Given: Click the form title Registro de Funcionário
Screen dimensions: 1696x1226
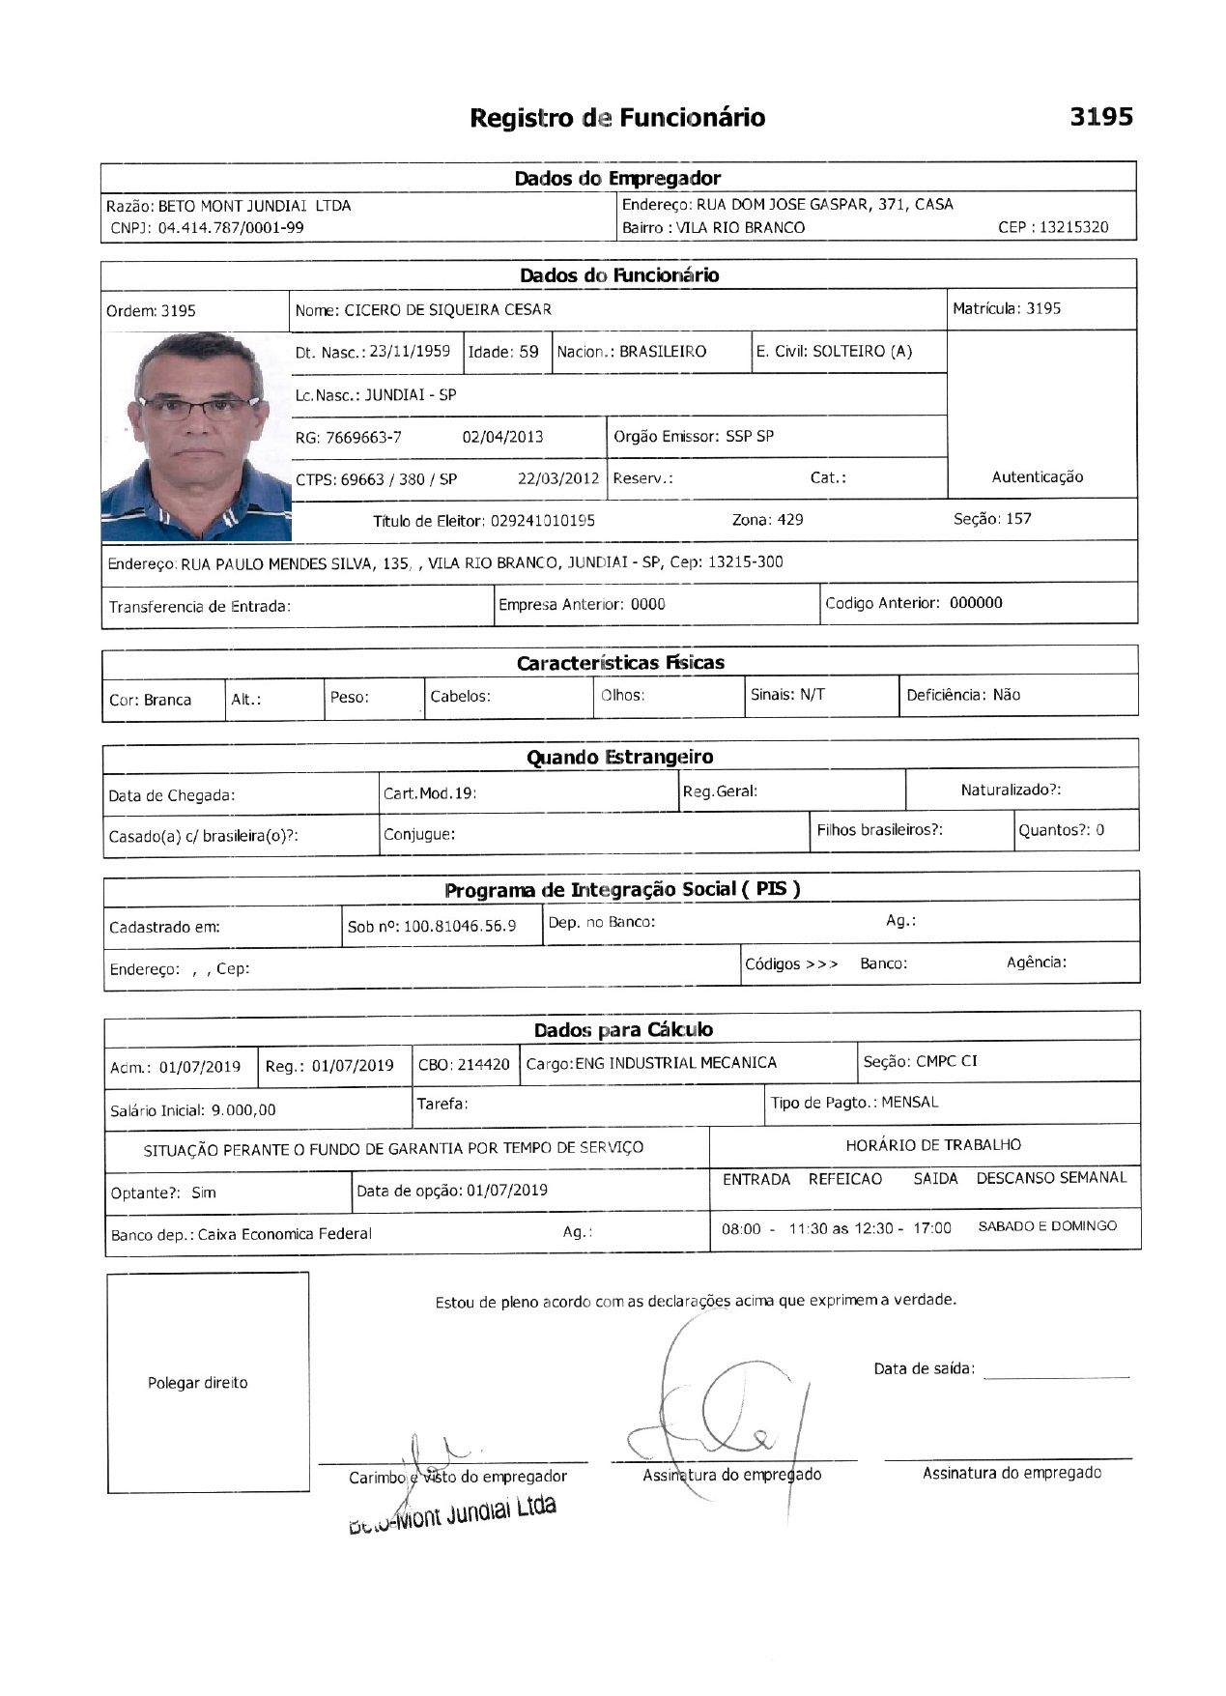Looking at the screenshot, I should click(617, 118).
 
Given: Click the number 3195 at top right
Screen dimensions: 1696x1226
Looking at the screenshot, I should click(1100, 117).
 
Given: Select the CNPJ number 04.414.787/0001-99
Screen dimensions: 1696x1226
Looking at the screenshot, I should click(231, 228).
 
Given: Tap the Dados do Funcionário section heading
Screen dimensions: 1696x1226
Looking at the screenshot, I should click(619, 275).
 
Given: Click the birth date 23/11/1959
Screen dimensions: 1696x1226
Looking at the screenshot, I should click(410, 352).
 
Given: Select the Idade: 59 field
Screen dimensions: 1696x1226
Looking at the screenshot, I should click(503, 352).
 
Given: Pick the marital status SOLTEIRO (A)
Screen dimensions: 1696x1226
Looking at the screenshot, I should click(862, 352).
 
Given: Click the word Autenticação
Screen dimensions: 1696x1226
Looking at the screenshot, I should click(1037, 477).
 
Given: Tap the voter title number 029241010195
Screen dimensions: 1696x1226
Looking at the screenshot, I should click(542, 521).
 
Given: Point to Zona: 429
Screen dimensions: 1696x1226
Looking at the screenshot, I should click(767, 520).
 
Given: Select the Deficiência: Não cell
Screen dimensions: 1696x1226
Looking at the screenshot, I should click(963, 695).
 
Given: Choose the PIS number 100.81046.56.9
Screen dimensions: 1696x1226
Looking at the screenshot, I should click(459, 926).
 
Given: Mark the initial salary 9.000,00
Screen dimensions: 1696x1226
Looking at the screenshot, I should click(243, 1110).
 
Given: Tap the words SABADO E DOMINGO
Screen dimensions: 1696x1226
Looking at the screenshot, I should click(1047, 1226).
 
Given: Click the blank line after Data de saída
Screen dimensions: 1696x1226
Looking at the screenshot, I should click(1056, 1371).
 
